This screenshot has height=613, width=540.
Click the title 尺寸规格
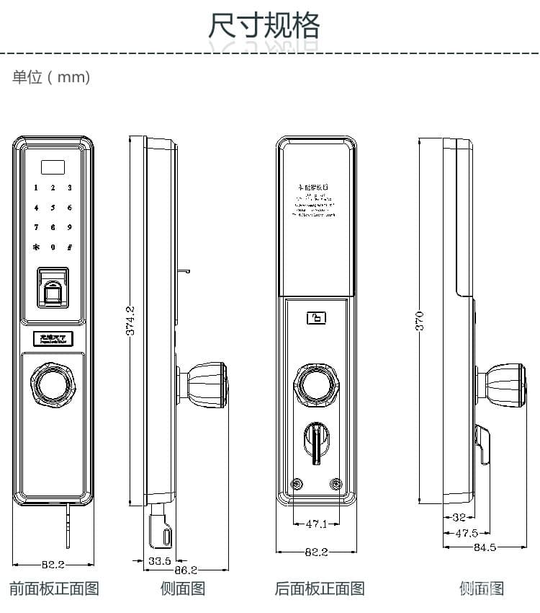(264, 27)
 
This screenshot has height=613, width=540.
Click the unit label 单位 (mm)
(51, 77)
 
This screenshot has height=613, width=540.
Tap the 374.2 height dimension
(130, 321)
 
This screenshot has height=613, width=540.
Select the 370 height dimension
(420, 320)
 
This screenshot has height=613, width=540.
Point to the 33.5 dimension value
(159, 560)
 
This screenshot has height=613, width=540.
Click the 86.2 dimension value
(186, 570)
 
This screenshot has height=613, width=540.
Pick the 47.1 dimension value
(317, 524)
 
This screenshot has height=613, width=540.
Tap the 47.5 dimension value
(467, 533)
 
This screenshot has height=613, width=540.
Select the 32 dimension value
(459, 517)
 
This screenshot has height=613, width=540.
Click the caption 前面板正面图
(54, 588)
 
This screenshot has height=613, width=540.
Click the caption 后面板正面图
(320, 588)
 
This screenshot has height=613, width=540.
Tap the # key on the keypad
(70, 247)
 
